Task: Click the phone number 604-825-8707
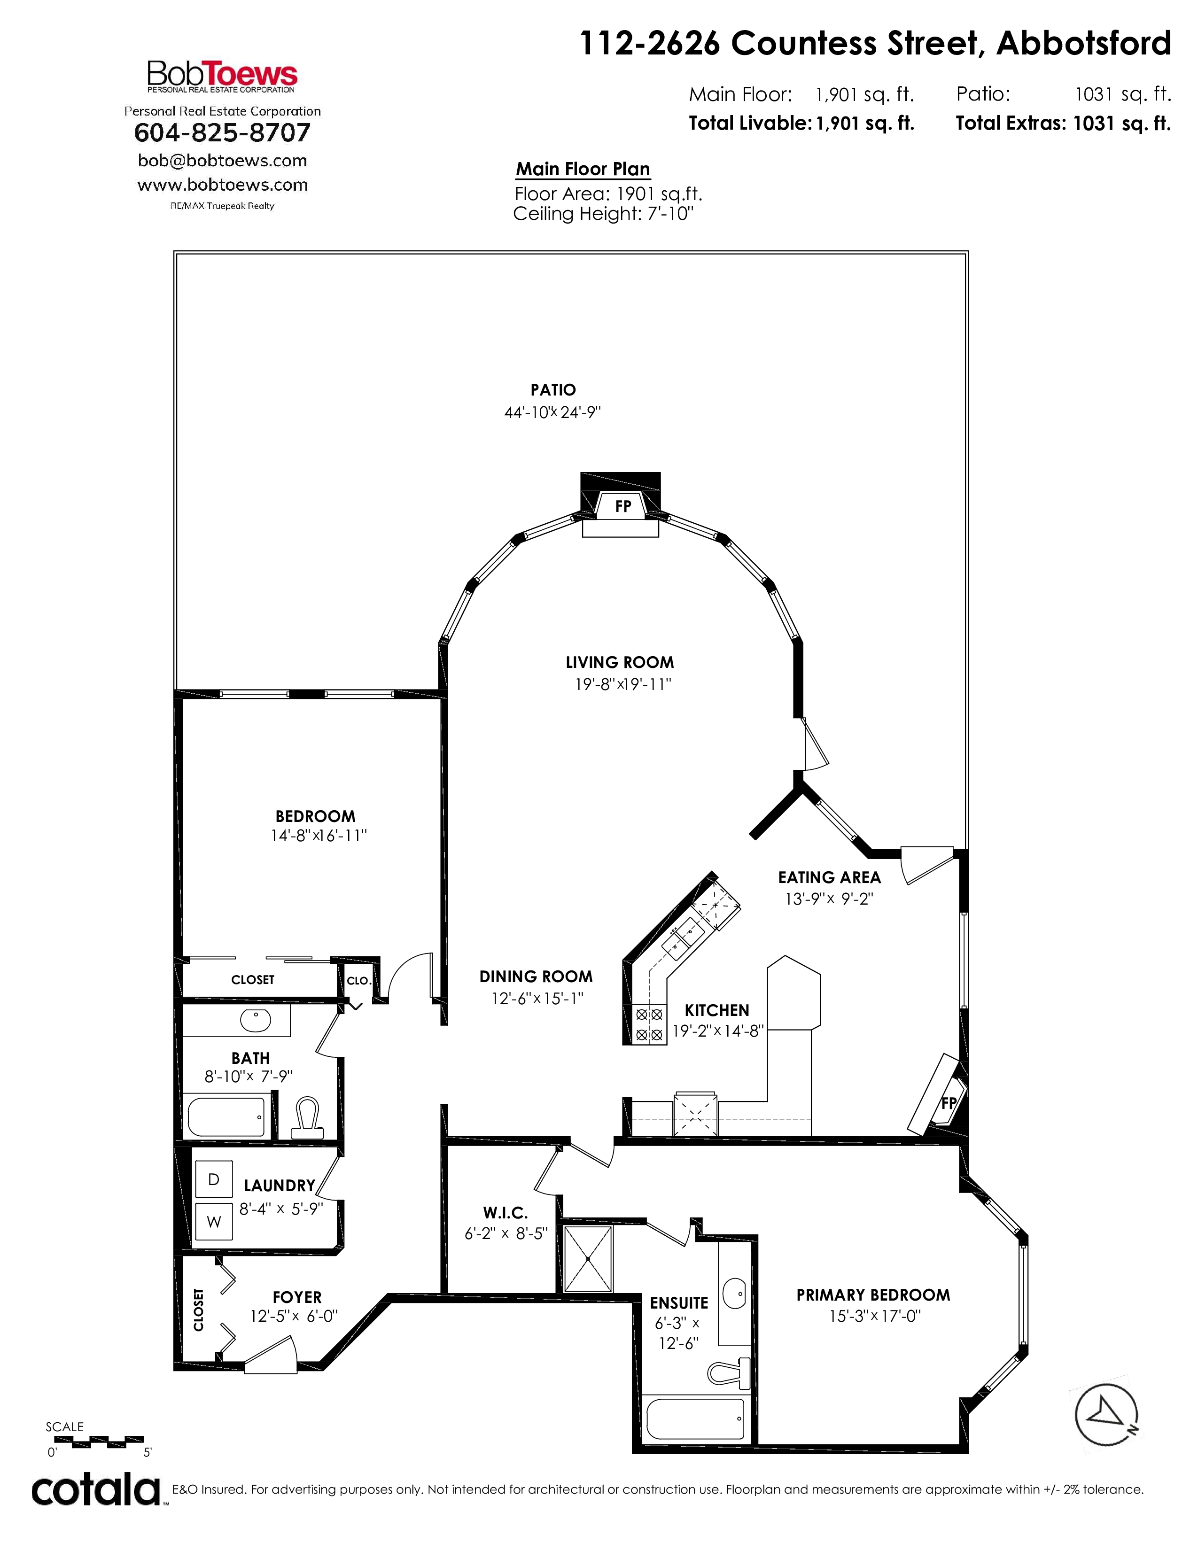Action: tap(222, 133)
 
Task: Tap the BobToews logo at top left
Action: tap(222, 77)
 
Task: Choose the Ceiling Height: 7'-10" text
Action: tap(603, 214)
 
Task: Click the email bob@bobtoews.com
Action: tap(222, 160)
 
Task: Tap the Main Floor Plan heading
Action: tap(583, 169)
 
